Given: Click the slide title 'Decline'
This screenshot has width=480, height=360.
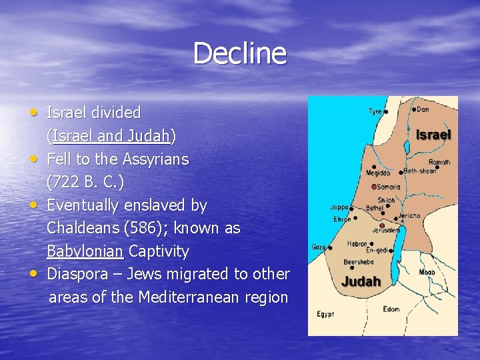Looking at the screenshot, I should (x=239, y=53).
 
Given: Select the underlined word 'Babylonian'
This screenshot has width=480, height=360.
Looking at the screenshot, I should (x=85, y=251).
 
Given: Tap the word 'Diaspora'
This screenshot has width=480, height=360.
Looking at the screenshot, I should (x=77, y=274).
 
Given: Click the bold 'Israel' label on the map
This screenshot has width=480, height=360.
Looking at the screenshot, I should (x=433, y=135).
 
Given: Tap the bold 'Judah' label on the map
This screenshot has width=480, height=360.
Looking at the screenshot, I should (x=361, y=281).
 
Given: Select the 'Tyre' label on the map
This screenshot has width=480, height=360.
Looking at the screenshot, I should (x=375, y=111).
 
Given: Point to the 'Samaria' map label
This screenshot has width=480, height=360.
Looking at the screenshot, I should (x=391, y=187).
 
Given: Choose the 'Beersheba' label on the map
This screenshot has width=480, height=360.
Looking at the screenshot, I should (x=358, y=262).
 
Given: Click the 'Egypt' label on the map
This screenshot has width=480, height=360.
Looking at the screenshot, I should (x=326, y=313).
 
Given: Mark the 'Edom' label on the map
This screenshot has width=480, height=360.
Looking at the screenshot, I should (x=391, y=309).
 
